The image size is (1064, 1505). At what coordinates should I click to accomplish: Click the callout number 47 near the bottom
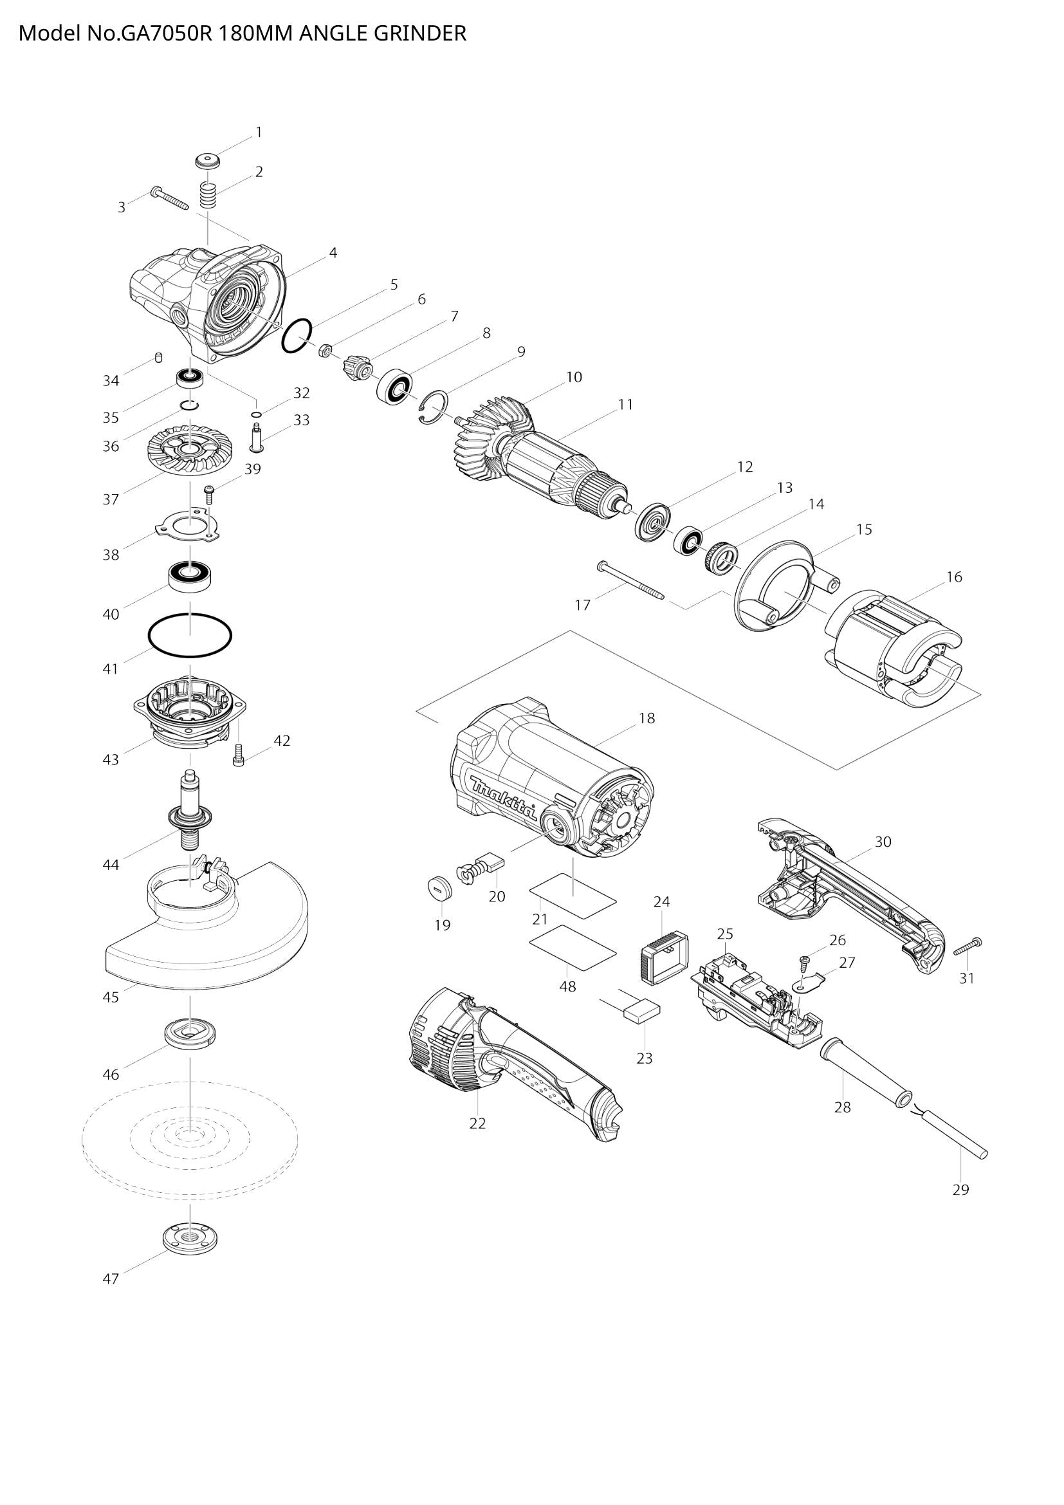[111, 1279]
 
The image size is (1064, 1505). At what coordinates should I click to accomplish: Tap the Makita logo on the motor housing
[503, 797]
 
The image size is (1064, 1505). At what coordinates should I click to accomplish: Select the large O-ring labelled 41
[190, 635]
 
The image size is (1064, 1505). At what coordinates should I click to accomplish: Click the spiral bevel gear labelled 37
[188, 450]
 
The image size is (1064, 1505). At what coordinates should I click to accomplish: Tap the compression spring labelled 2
[208, 196]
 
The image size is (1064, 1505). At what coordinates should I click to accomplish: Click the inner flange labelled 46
[189, 1034]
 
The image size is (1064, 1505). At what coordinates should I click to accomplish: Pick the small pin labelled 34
[158, 357]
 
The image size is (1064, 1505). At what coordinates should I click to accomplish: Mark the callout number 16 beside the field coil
[954, 577]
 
